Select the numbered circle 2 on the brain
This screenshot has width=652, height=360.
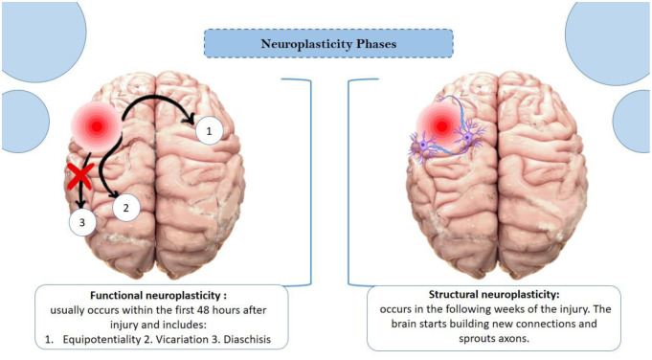tap(121, 205)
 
